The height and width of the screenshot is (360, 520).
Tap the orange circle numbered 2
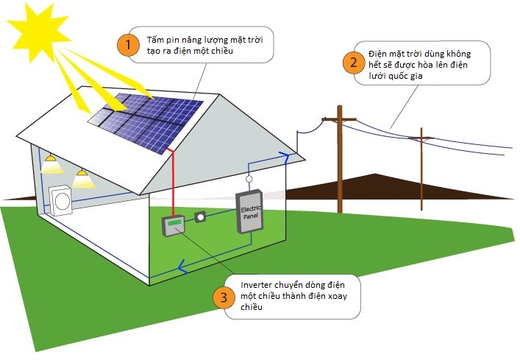click(353, 62)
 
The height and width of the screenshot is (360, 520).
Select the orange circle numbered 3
click(223, 297)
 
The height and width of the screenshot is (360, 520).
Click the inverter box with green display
click(174, 226)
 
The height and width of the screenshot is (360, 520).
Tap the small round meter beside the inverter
click(200, 218)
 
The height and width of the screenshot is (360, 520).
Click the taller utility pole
click(340, 158)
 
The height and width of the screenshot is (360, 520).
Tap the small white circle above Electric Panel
click(249, 179)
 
